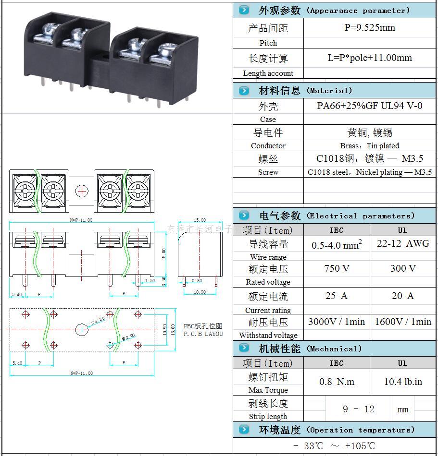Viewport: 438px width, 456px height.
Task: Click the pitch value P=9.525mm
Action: point(370,27)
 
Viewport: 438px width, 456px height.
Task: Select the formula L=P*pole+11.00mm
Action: point(370,58)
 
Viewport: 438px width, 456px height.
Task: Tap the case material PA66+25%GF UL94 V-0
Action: point(370,106)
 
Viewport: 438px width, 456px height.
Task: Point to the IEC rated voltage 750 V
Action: point(337,268)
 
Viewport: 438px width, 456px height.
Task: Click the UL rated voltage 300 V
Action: point(403,268)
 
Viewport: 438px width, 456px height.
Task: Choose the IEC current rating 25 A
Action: point(337,296)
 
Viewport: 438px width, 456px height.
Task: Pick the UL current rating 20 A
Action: point(403,296)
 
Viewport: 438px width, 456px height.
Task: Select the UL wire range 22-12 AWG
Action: point(403,243)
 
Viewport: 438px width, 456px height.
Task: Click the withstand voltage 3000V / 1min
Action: point(337,322)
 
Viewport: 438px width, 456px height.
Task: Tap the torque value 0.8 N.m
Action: point(337,382)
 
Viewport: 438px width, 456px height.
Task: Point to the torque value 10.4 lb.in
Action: point(403,382)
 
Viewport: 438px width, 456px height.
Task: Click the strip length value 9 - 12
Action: point(358,409)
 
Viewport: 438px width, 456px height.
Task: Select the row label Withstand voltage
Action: point(268,336)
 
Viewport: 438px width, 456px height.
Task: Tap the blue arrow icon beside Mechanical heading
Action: point(244,348)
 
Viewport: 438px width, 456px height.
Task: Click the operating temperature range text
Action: point(335,446)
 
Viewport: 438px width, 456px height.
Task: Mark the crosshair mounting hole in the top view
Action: point(82,191)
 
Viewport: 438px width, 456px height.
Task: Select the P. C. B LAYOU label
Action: point(203,334)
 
